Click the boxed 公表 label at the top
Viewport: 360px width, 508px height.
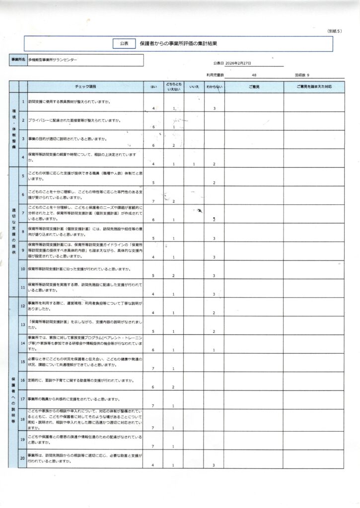pyautogui.click(x=124, y=44)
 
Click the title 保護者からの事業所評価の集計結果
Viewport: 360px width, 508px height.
pyautogui.click(x=178, y=44)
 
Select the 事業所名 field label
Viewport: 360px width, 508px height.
pyautogui.click(x=18, y=60)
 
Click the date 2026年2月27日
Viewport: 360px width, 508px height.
pyautogui.click(x=238, y=63)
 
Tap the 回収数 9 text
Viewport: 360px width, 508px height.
pyautogui.click(x=301, y=75)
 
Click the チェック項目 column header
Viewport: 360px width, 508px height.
pyautogui.click(x=85, y=87)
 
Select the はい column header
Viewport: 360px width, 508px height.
pyautogui.click(x=153, y=87)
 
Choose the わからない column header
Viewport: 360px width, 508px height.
pyautogui.click(x=214, y=87)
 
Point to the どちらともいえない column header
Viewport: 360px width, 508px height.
pyautogui.click(x=174, y=87)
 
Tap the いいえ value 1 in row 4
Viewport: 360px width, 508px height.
pyautogui.click(x=194, y=164)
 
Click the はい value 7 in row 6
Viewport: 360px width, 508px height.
pyautogui.click(x=153, y=201)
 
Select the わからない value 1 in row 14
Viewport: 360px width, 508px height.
pyautogui.click(x=214, y=350)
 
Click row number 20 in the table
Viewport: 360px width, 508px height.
pyautogui.click(x=22, y=458)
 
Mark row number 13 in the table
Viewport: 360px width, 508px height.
pyautogui.click(x=22, y=324)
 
